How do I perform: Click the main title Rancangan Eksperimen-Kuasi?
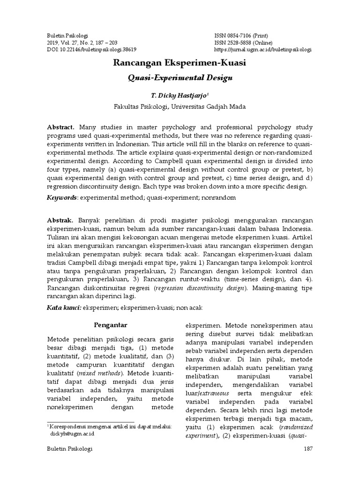pos(180,62)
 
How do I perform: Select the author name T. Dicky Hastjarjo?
pos(180,95)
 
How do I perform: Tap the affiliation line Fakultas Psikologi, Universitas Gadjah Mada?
pos(180,106)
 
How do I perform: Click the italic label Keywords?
pos(61,198)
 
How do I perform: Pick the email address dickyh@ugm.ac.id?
pos(72,434)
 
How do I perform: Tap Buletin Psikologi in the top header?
pos(68,36)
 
